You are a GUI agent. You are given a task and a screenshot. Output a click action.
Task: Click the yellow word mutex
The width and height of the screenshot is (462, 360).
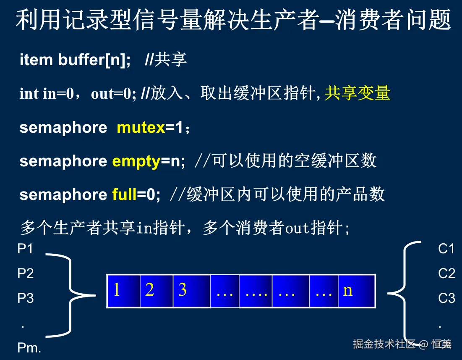tap(141, 128)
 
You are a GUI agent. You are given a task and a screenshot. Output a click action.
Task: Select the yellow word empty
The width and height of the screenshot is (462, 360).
tap(136, 162)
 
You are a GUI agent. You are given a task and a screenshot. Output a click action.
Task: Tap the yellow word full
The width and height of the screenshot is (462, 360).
tap(124, 194)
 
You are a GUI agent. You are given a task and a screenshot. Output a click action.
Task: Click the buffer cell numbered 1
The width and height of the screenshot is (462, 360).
tap(123, 291)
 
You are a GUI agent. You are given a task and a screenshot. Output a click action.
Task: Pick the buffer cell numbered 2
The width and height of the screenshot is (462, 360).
tap(157, 291)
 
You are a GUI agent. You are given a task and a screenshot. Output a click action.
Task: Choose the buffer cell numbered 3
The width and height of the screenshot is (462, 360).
tap(191, 291)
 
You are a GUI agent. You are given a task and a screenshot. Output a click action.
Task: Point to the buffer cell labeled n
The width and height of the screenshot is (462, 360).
tap(357, 291)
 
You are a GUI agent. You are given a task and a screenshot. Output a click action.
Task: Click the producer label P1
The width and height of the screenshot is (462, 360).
tap(25, 249)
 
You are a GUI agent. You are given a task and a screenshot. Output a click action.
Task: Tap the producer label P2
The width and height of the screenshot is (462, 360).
tap(25, 273)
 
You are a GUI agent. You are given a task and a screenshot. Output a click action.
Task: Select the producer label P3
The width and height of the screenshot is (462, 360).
tap(25, 298)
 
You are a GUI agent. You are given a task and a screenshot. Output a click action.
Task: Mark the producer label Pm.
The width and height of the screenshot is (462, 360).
tap(29, 348)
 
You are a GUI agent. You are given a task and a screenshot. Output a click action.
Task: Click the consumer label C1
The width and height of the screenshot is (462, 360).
tap(446, 249)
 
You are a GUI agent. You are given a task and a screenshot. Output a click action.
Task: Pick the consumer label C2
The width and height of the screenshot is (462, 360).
tap(446, 273)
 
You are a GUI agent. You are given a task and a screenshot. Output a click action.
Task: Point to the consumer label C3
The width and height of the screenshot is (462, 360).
tap(446, 298)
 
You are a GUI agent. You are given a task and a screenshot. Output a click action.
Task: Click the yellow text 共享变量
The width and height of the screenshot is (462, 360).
tap(358, 93)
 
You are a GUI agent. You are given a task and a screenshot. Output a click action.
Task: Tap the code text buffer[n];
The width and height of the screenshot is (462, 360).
tap(94, 60)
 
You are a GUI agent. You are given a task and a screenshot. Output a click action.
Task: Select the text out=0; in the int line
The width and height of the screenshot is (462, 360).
tap(113, 94)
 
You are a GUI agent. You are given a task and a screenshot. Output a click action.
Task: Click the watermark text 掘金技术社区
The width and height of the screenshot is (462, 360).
tap(384, 344)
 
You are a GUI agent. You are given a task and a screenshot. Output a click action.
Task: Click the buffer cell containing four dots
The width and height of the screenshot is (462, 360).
tap(256, 291)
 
